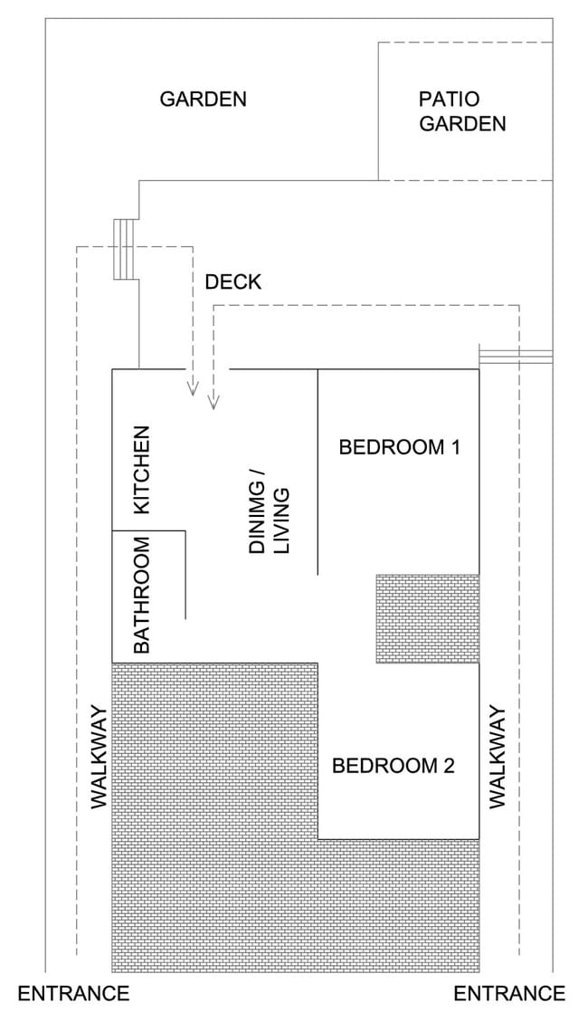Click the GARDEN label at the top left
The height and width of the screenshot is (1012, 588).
(204, 100)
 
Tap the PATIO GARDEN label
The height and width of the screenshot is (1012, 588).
(462, 111)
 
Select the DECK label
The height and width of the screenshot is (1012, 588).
(232, 282)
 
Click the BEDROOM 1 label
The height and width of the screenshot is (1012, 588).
(399, 447)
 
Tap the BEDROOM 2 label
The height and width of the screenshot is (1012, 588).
(394, 766)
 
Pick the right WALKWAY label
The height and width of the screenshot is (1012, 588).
(498, 757)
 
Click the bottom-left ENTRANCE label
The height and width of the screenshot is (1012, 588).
(73, 993)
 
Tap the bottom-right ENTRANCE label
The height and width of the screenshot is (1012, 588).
(509, 993)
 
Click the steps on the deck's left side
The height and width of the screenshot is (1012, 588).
(126, 249)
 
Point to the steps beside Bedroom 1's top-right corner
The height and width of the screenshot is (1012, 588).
(516, 354)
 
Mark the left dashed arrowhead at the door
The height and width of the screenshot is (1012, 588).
(192, 387)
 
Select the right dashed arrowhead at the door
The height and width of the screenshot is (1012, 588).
(213, 401)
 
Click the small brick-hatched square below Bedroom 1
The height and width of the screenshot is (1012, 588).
(428, 618)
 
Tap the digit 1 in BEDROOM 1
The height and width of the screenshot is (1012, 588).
(454, 447)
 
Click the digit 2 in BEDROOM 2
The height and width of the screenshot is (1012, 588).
(449, 766)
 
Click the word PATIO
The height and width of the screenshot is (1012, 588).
(450, 100)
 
